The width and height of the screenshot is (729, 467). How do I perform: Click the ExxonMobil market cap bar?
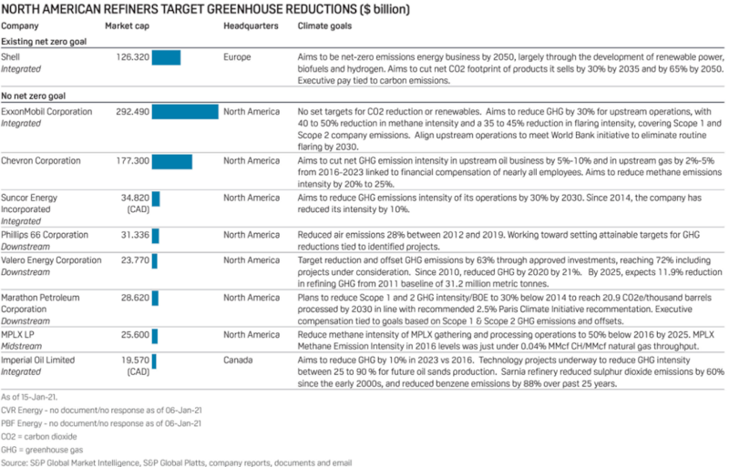point(185,112)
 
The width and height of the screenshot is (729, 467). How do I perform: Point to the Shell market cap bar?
point(166,58)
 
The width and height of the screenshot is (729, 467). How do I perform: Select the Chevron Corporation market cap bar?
point(171,161)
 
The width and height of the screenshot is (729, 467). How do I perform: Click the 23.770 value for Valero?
point(135,260)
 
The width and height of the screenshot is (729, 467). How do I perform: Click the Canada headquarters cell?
point(239,360)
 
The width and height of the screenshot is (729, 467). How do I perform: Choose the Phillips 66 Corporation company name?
point(45,235)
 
